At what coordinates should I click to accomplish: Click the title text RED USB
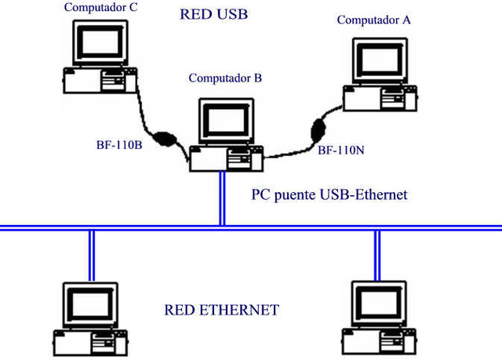pyautogui.click(x=214, y=15)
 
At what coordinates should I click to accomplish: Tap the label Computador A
pyautogui.click(x=373, y=20)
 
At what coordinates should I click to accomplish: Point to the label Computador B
pyautogui.click(x=225, y=78)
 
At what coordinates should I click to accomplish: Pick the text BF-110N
pyautogui.click(x=340, y=148)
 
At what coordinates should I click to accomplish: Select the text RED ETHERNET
pyautogui.click(x=221, y=310)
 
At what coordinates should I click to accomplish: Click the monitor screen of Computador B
pyautogui.click(x=226, y=119)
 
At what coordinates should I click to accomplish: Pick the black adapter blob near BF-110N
pyautogui.click(x=319, y=127)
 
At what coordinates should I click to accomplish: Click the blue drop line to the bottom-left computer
pyautogui.click(x=92, y=254)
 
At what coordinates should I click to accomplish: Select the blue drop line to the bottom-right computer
pyautogui.click(x=377, y=254)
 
